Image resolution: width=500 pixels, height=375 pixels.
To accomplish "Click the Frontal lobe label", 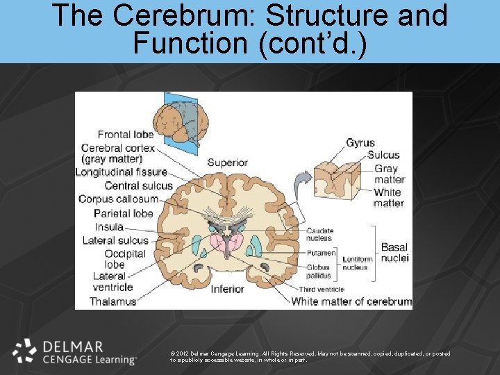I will coord(126,135).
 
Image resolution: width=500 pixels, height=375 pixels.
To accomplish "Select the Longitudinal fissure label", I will coord(122,172).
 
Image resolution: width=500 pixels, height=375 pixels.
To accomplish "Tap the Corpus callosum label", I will coord(119,199).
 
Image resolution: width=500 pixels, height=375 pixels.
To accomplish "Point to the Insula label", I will coord(110,227).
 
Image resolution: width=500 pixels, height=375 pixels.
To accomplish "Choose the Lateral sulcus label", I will coord(116,241).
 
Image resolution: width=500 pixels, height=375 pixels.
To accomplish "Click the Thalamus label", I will coord(113,301).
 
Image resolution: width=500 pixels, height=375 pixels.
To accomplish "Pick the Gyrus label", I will coord(360,143).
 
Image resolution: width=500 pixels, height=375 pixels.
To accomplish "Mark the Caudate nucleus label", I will coord(320,235).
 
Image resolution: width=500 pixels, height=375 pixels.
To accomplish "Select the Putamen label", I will coord(321,253).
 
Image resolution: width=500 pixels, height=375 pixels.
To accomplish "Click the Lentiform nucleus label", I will coord(357,263).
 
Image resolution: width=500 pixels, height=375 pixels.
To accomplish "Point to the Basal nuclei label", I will coord(394,253).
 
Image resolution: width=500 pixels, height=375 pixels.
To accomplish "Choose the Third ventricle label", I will coord(322,289).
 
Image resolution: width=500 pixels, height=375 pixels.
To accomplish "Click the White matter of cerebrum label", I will coord(351,301).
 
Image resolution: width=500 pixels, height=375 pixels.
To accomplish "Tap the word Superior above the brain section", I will coord(227,163).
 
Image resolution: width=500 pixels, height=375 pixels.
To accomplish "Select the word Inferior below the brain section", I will coord(227,289).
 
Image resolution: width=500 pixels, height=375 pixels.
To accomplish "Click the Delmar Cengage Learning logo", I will coord(74,352).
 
